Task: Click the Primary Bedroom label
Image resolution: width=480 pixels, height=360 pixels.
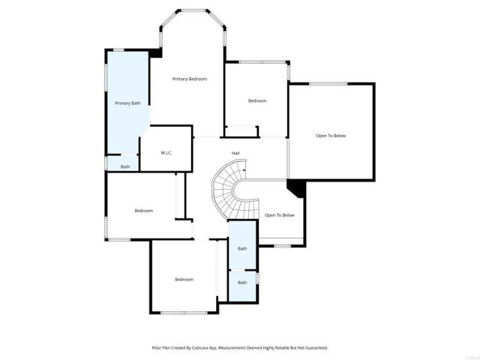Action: (189, 79)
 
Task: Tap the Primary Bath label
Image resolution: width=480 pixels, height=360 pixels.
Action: (127, 103)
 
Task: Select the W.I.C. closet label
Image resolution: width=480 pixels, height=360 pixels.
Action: (166, 153)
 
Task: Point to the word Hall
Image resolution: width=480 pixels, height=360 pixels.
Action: (235, 153)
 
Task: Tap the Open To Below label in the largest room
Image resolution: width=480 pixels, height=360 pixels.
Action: (331, 136)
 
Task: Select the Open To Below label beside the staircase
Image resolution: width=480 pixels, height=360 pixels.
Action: (280, 215)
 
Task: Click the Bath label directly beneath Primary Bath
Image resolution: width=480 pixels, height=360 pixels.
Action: (125, 166)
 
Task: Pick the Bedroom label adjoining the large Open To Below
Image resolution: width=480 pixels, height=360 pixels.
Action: (257, 100)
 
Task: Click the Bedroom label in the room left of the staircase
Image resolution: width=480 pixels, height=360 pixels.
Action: (144, 211)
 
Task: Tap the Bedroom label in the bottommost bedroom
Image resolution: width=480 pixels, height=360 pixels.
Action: (184, 279)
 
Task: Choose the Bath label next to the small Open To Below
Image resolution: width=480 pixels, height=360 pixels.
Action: (242, 248)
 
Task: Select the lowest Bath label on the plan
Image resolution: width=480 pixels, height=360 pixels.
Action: (242, 283)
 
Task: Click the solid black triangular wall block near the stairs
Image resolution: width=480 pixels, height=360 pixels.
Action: (295, 187)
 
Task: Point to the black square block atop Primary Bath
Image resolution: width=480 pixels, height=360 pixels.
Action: (155, 52)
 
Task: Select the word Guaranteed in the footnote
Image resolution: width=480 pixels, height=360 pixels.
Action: (313, 348)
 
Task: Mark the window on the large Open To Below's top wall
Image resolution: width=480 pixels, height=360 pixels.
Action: (328, 83)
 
